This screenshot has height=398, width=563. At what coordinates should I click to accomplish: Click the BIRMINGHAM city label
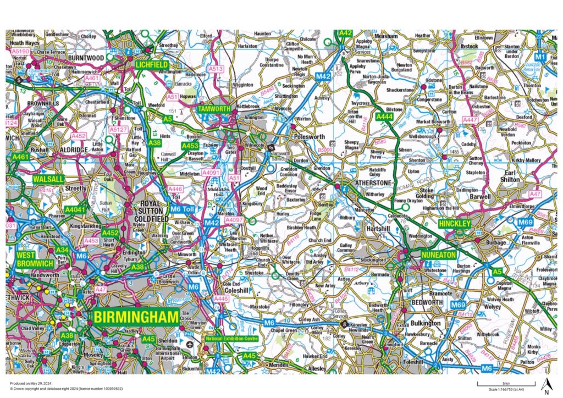click(136, 317)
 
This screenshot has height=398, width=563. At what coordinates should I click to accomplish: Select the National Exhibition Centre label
click(231, 338)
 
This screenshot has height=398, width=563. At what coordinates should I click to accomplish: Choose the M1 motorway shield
click(541, 57)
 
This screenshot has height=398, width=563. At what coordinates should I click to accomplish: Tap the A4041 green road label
click(75, 210)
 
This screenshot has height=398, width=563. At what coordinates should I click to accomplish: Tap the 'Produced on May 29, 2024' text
click(29, 383)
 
